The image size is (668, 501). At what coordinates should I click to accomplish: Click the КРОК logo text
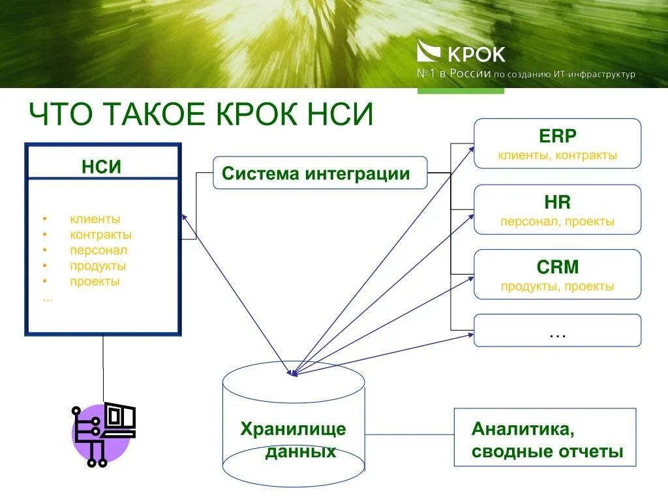(x=476, y=54)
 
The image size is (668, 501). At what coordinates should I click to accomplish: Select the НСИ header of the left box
(x=102, y=166)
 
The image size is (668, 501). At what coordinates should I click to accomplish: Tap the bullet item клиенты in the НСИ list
(x=95, y=219)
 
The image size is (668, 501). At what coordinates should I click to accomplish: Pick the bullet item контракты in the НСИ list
(x=101, y=235)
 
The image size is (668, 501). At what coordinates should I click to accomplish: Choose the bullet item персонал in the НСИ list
(x=99, y=250)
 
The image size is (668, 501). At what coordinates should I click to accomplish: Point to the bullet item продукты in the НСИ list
(x=98, y=266)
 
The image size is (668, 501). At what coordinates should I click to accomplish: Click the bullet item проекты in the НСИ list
(x=95, y=282)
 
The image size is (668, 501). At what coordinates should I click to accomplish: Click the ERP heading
(x=558, y=136)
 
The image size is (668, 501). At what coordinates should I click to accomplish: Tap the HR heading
(x=558, y=202)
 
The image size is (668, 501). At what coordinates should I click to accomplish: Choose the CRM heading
(x=558, y=267)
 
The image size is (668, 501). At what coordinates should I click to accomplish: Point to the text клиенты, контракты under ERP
(x=558, y=156)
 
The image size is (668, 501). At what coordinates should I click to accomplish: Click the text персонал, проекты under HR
(x=558, y=222)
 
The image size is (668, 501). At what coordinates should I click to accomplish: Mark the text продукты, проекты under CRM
(x=558, y=286)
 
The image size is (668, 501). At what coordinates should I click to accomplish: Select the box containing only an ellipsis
(x=558, y=330)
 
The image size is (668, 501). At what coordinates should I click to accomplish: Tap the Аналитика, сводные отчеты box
(x=545, y=437)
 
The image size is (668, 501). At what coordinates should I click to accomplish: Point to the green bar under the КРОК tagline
(x=461, y=91)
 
